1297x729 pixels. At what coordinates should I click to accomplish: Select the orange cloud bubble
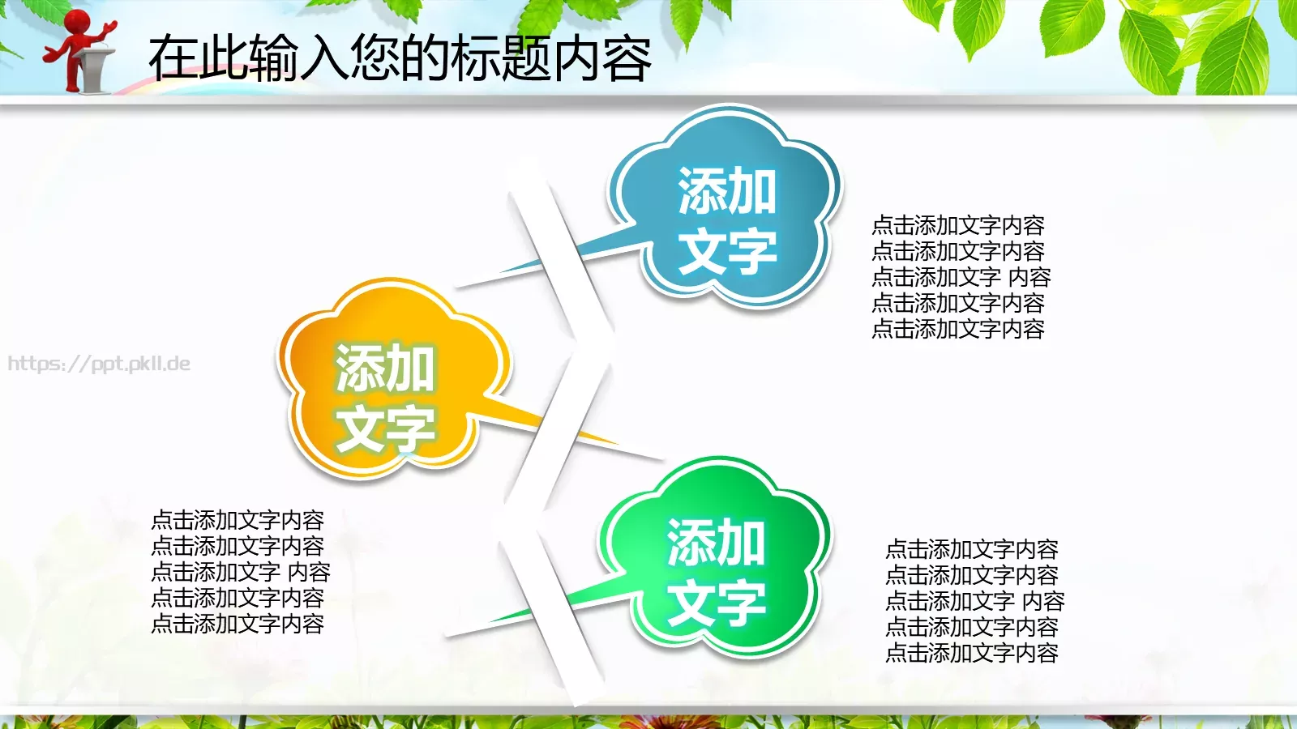tap(389, 381)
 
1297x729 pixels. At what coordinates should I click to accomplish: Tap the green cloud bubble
tap(713, 559)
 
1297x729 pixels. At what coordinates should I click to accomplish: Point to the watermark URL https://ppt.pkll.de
tap(99, 364)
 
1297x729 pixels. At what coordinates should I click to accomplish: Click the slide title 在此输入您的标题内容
tap(400, 58)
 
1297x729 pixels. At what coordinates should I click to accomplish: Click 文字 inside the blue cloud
tap(727, 251)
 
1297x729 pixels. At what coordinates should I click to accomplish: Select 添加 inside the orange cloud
tap(386, 368)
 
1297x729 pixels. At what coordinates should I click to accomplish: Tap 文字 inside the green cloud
tap(717, 603)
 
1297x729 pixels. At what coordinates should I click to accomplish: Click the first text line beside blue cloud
tap(958, 225)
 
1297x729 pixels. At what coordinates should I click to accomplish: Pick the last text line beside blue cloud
tap(958, 329)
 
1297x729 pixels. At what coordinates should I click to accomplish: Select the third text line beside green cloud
tap(974, 601)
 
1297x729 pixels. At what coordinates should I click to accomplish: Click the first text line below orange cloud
tap(238, 520)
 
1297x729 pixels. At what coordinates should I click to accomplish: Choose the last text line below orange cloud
tap(238, 624)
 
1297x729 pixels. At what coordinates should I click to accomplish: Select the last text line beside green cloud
tap(972, 653)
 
